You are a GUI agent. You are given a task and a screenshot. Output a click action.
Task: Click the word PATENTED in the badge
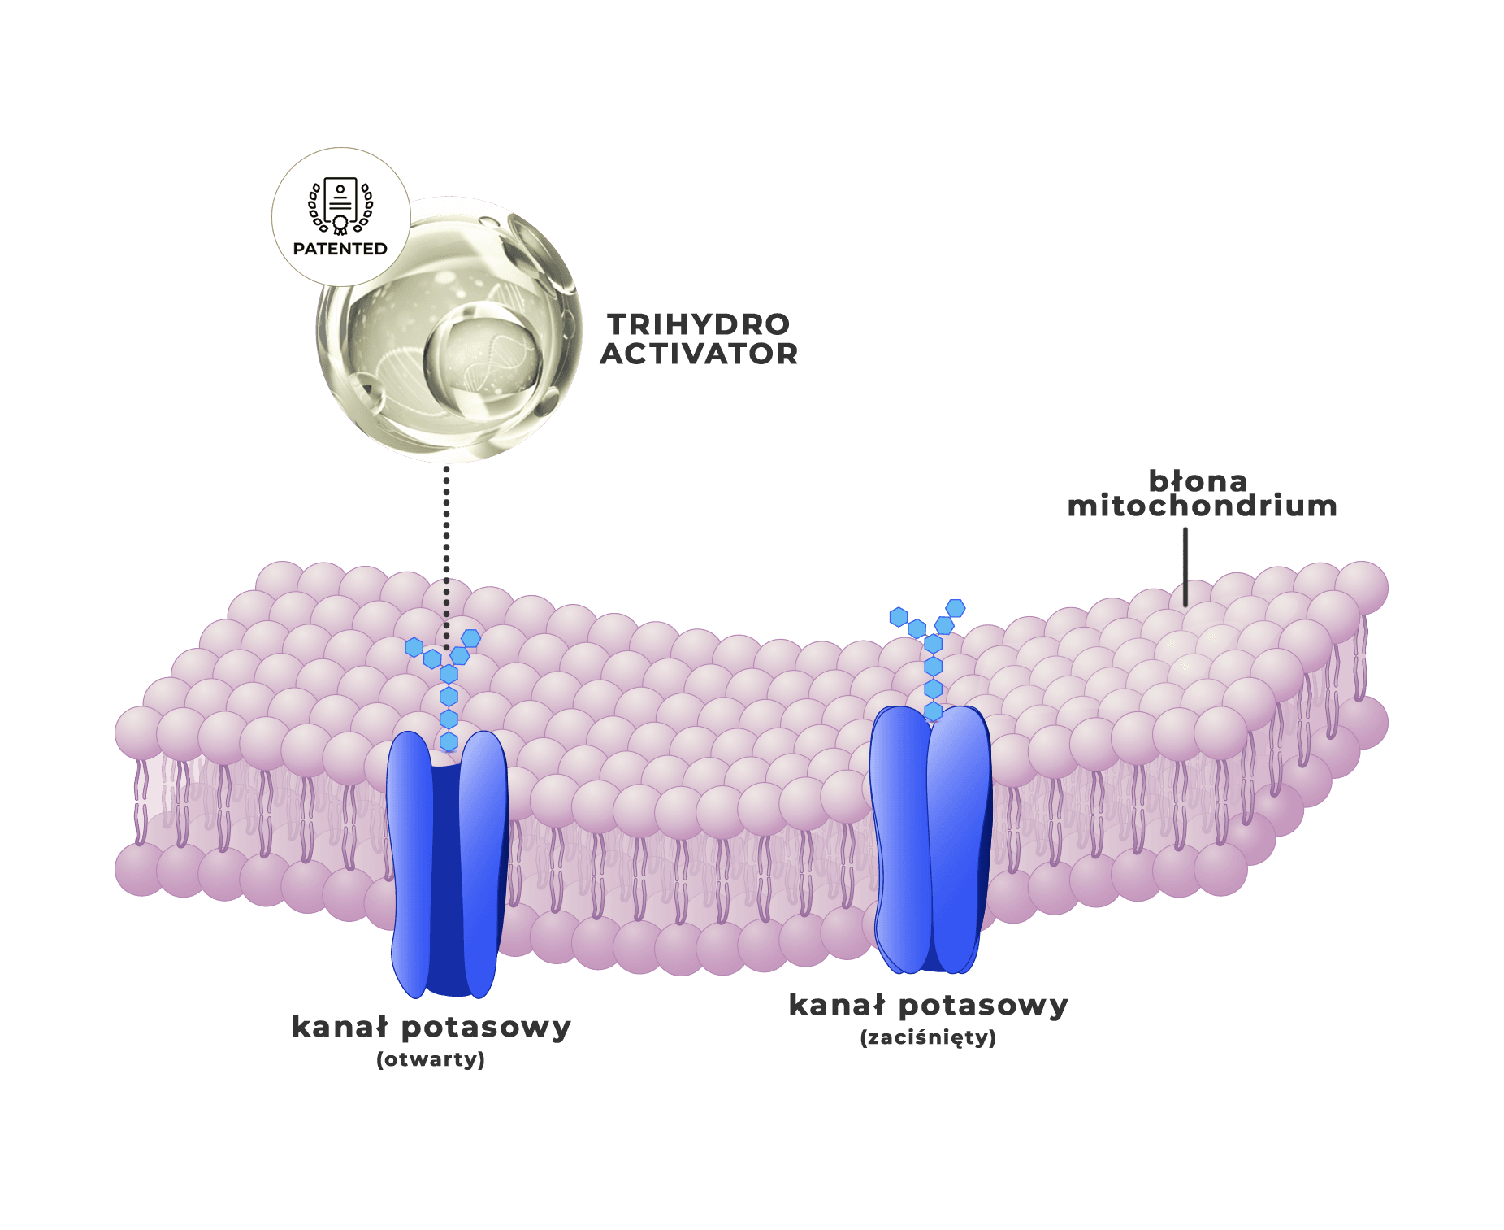pos(340,249)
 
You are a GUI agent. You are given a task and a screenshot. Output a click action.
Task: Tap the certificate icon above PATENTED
pos(340,206)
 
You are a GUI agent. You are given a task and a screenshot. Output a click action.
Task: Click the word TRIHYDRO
pos(699,324)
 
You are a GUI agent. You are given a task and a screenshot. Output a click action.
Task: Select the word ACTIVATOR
pos(699,354)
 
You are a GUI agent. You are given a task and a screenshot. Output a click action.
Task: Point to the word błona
pos(1198,480)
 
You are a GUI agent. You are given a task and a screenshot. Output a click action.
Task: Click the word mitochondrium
pos(1202,506)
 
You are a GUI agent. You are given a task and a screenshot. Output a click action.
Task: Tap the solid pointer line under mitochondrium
pos(1185,567)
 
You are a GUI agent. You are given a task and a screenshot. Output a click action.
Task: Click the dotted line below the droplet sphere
pos(446,558)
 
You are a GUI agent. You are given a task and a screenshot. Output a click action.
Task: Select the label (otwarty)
pos(431,1059)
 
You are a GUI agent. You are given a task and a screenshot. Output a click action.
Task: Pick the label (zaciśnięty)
pos(928,1038)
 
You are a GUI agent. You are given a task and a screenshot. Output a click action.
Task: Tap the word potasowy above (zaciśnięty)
pos(984,1006)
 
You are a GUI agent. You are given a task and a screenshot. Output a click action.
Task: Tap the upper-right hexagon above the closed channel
pos(956,608)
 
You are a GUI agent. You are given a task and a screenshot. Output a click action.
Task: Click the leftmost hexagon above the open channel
pos(414,647)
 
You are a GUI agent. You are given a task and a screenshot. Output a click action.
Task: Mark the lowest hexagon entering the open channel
pos(449,741)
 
